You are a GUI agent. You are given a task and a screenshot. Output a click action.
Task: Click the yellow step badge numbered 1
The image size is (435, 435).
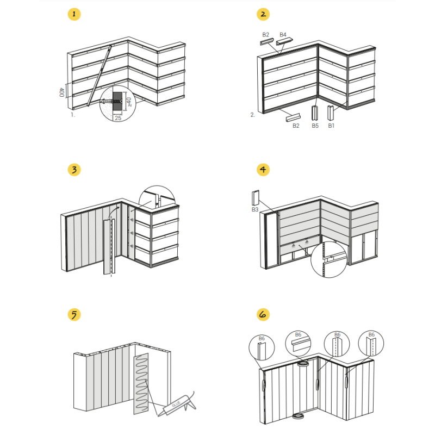(74, 14)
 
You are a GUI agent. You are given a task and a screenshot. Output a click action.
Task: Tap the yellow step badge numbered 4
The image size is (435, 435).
(263, 169)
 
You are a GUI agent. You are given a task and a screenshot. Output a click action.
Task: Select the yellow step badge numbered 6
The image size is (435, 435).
(263, 314)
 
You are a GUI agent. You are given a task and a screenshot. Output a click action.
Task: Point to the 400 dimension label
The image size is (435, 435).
(61, 92)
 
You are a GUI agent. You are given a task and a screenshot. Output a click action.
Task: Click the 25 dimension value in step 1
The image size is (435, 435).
(118, 118)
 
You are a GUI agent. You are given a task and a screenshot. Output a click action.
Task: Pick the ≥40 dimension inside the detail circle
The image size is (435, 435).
(129, 102)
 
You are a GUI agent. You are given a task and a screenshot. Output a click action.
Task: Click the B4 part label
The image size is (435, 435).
(283, 35)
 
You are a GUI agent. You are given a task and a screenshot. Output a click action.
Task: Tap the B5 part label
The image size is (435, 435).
(315, 126)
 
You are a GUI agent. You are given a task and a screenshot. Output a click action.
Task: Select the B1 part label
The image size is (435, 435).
(331, 126)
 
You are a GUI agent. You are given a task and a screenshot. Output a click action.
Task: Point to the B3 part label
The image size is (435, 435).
(255, 209)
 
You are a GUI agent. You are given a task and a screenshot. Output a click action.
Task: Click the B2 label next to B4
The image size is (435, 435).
(265, 35)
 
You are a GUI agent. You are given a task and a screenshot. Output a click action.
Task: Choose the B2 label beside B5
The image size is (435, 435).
(296, 126)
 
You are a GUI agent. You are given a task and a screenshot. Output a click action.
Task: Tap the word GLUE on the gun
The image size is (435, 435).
(176, 403)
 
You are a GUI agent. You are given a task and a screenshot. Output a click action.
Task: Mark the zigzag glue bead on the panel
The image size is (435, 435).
(141, 383)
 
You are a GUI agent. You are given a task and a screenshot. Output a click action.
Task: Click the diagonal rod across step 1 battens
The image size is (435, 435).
(100, 76)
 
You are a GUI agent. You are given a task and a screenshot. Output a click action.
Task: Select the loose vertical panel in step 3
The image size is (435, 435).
(109, 247)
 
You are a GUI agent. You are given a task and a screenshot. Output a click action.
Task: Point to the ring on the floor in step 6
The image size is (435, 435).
(299, 416)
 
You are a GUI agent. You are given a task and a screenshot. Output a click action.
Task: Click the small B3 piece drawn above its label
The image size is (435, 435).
(256, 198)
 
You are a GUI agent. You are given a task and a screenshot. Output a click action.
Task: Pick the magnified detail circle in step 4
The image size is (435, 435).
(329, 259)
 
